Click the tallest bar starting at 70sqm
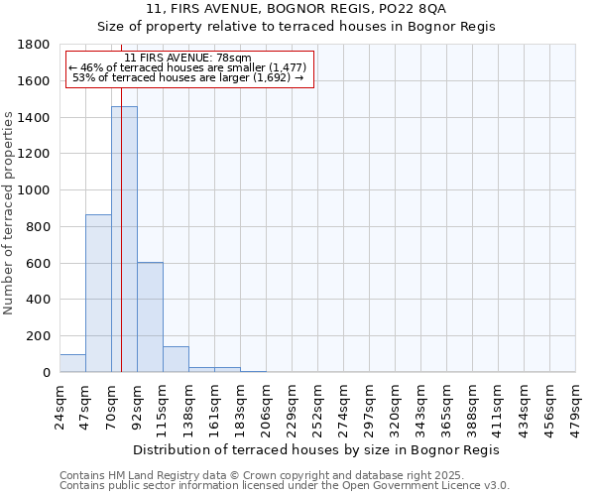click(124, 239)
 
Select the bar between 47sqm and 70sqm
click(98, 293)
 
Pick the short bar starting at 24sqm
click(72, 363)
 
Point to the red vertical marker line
click(121, 248)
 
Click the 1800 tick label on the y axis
click(34, 45)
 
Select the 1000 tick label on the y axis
click(34, 190)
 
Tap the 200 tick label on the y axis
click(38, 336)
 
